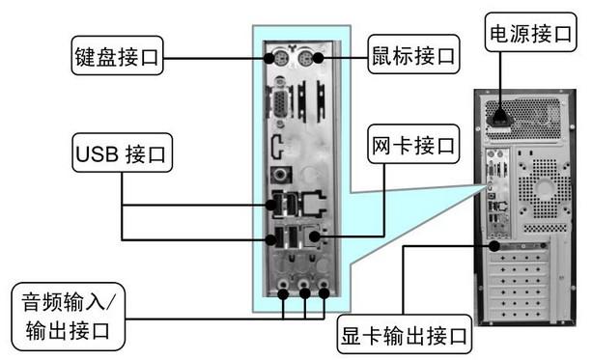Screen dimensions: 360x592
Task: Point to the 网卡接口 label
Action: point(413,148)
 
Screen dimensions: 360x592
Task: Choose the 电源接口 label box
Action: point(529,36)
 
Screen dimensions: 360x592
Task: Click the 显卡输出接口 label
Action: point(405,337)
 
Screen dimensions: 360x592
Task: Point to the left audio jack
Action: point(282,289)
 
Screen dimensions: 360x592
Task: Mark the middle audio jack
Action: point(303,289)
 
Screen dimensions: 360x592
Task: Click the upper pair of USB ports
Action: point(278,205)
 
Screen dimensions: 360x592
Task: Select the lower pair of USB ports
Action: point(278,239)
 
